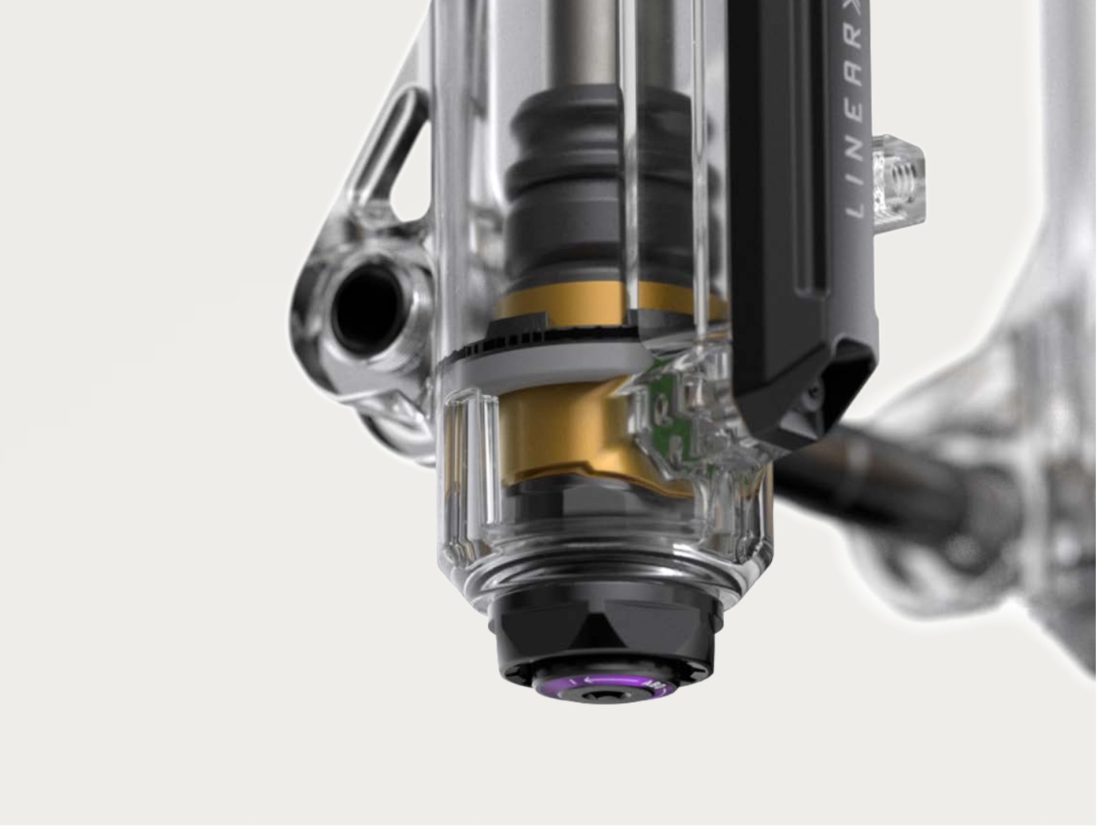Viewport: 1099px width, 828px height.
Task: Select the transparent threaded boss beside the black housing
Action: point(899,179)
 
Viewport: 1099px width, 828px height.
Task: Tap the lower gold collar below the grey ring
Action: point(549,434)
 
